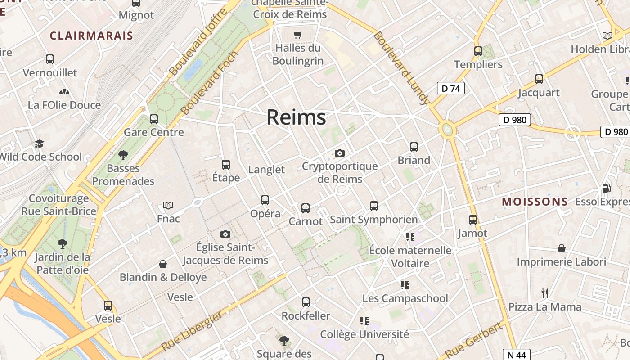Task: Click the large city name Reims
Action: tap(296, 117)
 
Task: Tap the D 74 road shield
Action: tap(450, 88)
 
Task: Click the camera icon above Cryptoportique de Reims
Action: tap(340, 153)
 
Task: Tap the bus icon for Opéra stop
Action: tap(265, 200)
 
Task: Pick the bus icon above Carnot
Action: tap(306, 208)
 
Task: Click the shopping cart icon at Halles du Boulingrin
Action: tap(297, 35)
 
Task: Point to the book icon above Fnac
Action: tap(168, 206)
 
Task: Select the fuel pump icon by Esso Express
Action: tap(607, 189)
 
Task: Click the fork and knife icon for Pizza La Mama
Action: tap(545, 293)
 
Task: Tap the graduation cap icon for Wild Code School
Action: tap(40, 144)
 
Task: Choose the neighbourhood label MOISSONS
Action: tap(535, 202)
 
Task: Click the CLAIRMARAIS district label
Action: tap(91, 36)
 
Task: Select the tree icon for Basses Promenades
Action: tap(123, 155)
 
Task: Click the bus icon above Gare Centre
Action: tap(154, 119)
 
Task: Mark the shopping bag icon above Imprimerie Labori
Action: tap(562, 248)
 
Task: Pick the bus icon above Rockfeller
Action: tap(306, 302)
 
